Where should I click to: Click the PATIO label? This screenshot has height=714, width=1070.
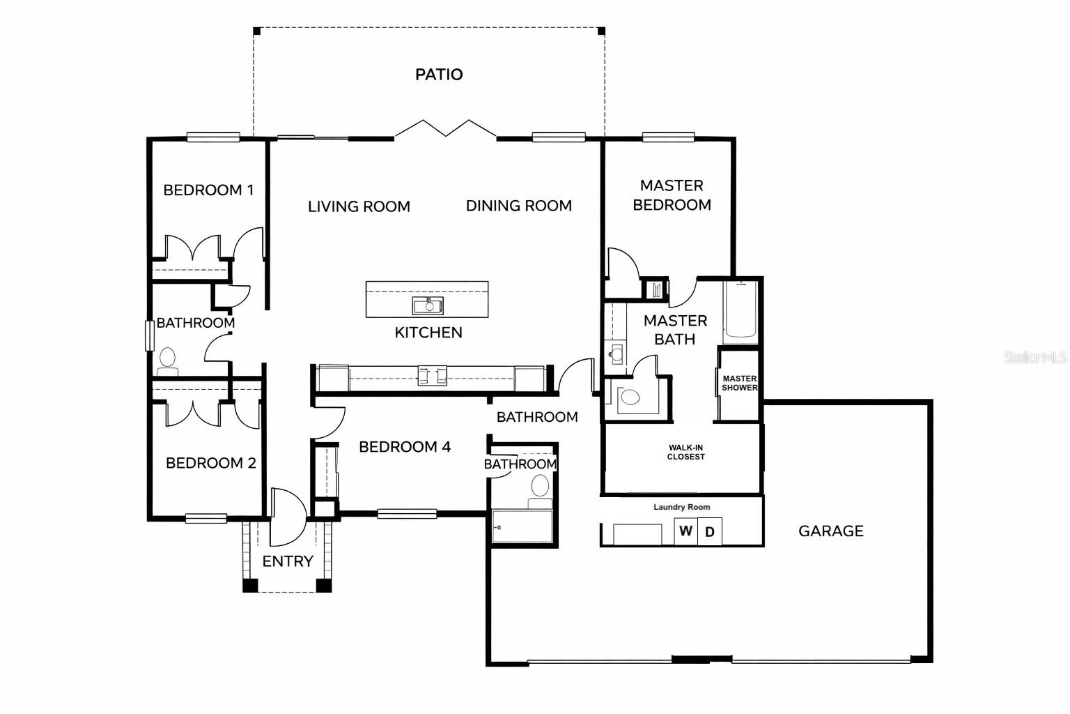pyautogui.click(x=439, y=74)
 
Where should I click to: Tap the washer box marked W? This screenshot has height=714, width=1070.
pyautogui.click(x=686, y=531)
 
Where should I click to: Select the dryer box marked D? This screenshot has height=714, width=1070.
pyautogui.click(x=710, y=532)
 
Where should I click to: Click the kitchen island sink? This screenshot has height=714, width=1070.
pyautogui.click(x=428, y=306)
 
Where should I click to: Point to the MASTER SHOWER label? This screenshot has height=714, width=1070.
pyautogui.click(x=739, y=383)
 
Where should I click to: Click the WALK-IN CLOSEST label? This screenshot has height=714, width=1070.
pyautogui.click(x=686, y=453)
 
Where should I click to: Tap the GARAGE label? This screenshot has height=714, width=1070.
pyautogui.click(x=831, y=531)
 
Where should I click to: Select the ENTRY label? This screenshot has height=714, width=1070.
pyautogui.click(x=288, y=561)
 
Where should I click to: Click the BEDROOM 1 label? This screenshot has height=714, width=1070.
pyautogui.click(x=208, y=190)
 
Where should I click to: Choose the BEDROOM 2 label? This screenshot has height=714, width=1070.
pyautogui.click(x=211, y=463)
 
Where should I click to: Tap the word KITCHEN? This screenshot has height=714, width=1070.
pyautogui.click(x=428, y=333)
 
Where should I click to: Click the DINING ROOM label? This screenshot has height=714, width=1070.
pyautogui.click(x=519, y=206)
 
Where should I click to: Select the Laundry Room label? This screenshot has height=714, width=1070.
pyautogui.click(x=682, y=507)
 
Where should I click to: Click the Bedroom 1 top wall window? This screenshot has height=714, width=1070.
pyautogui.click(x=213, y=137)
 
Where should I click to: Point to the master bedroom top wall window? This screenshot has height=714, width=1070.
pyautogui.click(x=668, y=137)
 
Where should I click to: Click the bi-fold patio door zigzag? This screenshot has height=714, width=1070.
pyautogui.click(x=446, y=128)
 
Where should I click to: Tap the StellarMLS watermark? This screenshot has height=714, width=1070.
pyautogui.click(x=1035, y=358)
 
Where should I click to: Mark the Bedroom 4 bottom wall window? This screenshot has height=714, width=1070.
pyautogui.click(x=408, y=514)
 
